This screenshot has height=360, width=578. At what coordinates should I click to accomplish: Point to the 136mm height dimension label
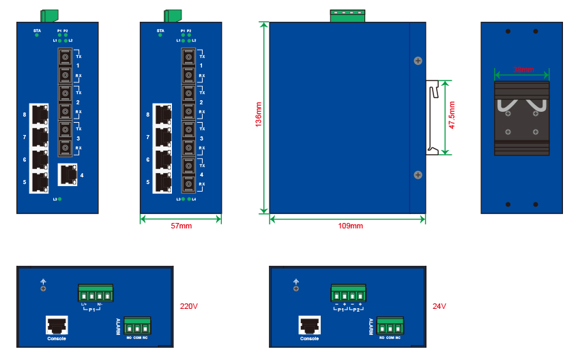click(259, 117)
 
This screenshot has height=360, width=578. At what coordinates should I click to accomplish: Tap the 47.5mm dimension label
click(452, 117)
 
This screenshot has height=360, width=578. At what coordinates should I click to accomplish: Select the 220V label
click(188, 306)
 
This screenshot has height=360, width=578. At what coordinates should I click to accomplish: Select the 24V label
click(439, 306)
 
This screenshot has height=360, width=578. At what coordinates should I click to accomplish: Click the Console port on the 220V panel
click(57, 325)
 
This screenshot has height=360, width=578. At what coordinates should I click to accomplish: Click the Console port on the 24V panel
click(309, 325)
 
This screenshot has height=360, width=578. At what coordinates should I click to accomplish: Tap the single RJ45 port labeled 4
click(68, 175)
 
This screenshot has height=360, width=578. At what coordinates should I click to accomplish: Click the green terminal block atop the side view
click(347, 14)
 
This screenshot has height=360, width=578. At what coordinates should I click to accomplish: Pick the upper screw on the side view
click(418, 61)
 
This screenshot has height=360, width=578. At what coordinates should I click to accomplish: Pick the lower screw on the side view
click(418, 175)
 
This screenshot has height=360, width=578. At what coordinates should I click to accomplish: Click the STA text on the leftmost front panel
click(37, 31)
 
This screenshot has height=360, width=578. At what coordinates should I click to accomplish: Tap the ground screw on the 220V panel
click(44, 288)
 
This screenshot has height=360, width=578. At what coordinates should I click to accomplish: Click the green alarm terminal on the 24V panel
click(389, 325)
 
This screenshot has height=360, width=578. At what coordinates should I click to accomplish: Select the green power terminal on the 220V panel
click(95, 292)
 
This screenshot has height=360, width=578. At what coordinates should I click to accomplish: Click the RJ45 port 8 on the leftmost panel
click(40, 114)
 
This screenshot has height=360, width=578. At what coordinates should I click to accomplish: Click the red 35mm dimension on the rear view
click(523, 70)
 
